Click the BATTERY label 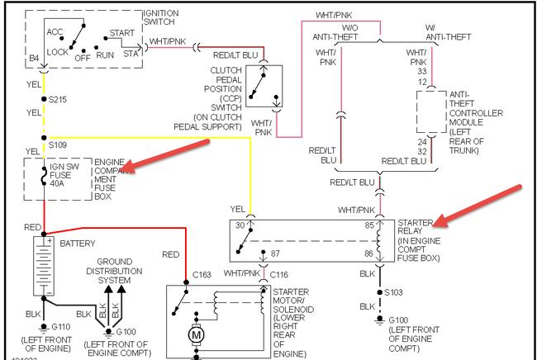pyautogui.click(x=78, y=244)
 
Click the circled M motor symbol pyautogui.click(x=197, y=334)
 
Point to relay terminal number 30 pyautogui.click(x=240, y=225)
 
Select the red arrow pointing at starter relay pyautogui.click(x=479, y=206)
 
